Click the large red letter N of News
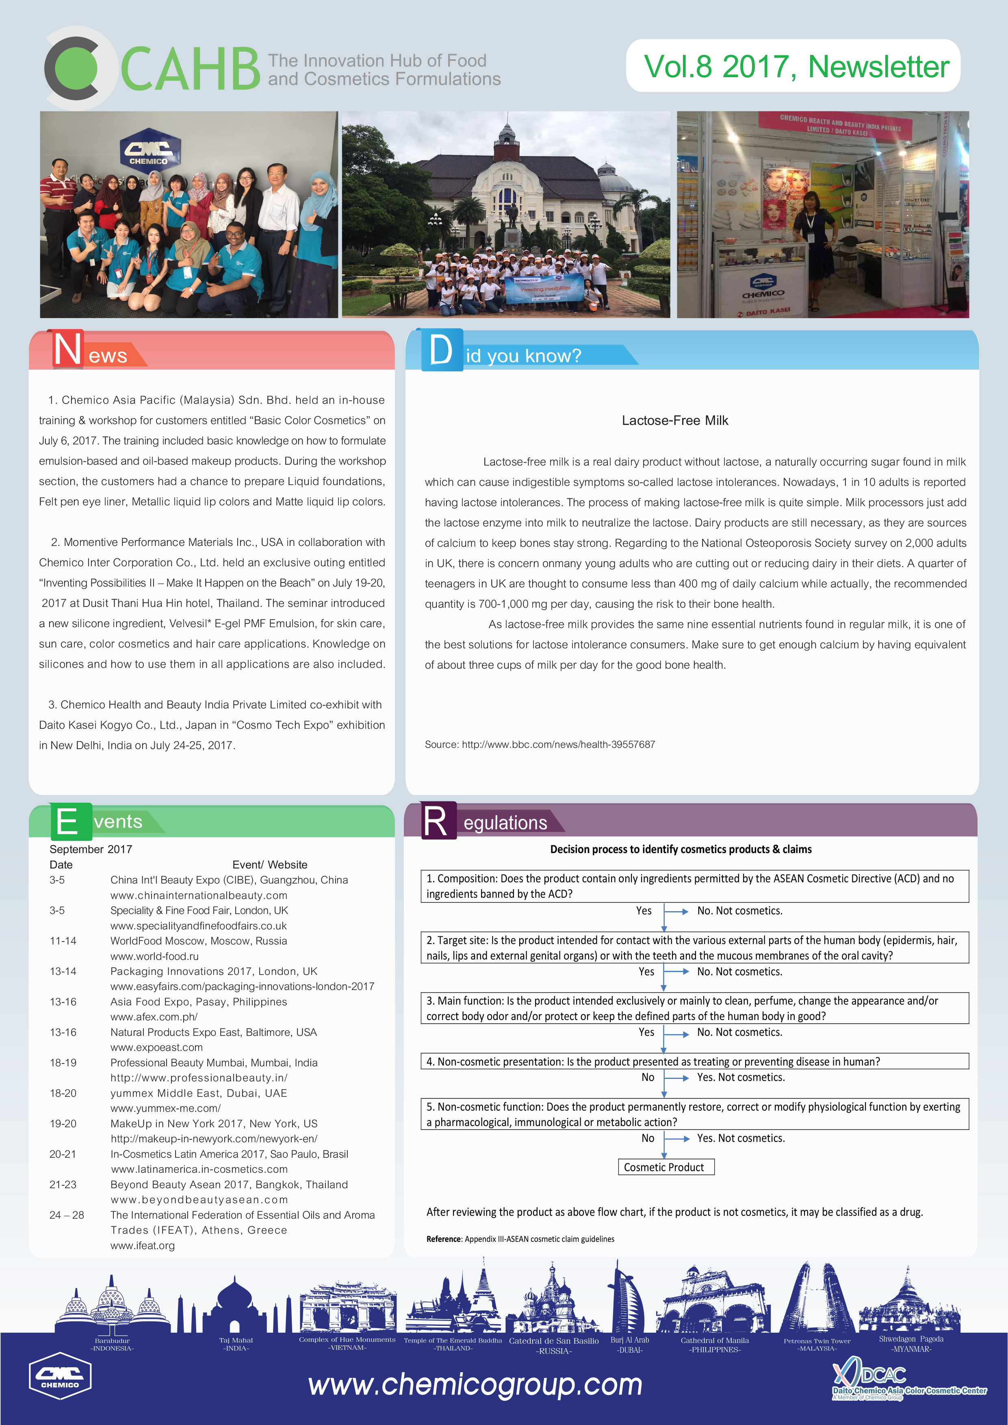pos(67,349)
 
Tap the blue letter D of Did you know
pos(441,350)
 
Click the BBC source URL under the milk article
pos(540,744)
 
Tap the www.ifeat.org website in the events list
pos(143,1245)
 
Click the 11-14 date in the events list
pos(63,941)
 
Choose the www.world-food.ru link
pos(154,956)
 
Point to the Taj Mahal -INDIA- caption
pos(236,1344)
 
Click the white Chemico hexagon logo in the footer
pos(60,1375)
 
